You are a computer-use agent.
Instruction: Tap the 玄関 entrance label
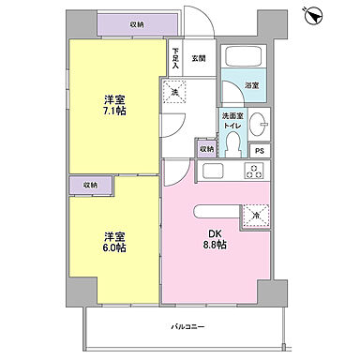(x=199, y=57)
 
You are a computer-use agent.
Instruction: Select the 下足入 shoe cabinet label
(x=174, y=58)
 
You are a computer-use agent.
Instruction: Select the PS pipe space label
(x=260, y=150)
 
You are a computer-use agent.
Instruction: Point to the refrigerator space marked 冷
(x=255, y=214)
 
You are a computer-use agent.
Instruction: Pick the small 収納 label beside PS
(x=206, y=148)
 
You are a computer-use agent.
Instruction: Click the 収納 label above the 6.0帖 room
(x=88, y=185)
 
